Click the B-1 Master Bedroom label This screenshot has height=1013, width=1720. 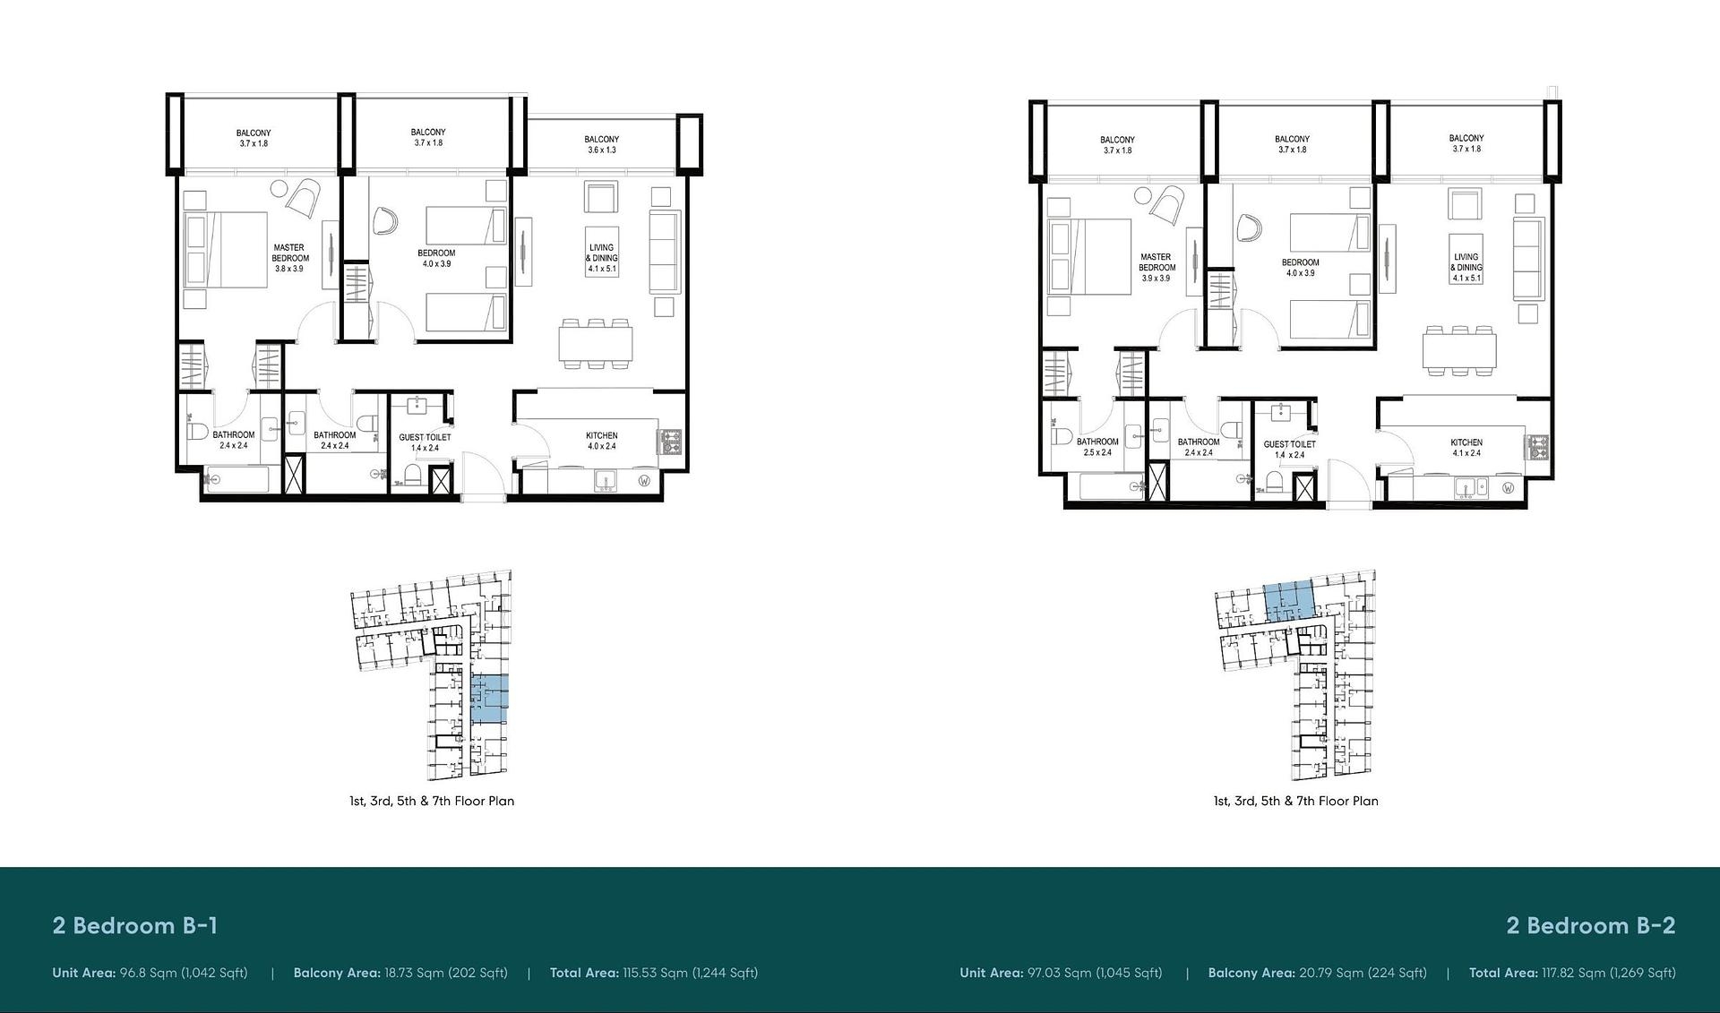tap(290, 258)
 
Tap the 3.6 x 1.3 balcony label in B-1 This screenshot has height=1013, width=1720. tap(602, 144)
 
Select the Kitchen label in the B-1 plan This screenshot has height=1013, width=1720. tap(602, 441)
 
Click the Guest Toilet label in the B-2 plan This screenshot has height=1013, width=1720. tap(1290, 450)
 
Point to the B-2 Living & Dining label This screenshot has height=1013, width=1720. tap(1466, 267)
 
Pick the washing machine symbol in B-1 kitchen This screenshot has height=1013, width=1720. tap(644, 481)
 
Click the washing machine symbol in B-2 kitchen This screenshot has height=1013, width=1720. tap(1509, 488)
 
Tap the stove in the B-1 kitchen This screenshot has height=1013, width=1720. tap(670, 442)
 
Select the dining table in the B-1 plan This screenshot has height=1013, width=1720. tap(596, 343)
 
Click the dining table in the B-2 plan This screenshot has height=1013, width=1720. tap(1460, 350)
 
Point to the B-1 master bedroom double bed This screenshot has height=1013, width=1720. tap(226, 250)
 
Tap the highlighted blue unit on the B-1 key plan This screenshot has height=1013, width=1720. tap(489, 699)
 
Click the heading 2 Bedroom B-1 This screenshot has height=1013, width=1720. tap(135, 925)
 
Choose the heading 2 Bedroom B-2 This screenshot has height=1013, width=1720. tap(1591, 925)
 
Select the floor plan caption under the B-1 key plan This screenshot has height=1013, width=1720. tap(432, 801)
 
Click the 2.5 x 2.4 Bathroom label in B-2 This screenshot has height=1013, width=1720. tap(1097, 447)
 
